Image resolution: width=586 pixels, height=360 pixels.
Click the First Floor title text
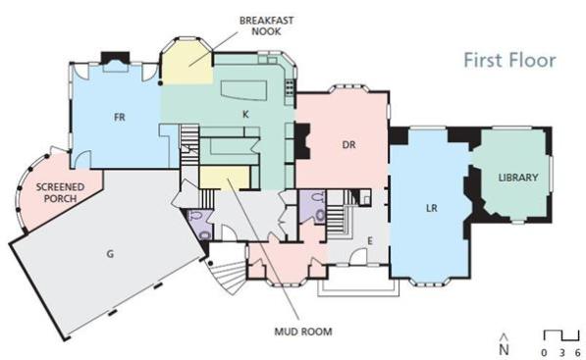coord(509,61)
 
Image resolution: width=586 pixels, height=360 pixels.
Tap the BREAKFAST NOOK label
coord(266,26)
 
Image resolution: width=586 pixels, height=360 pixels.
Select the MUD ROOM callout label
coord(303,332)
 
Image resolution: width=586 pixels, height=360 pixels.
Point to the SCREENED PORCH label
coord(60,192)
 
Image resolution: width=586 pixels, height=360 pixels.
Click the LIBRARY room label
coord(518,178)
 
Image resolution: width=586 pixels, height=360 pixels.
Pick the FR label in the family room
coord(119,118)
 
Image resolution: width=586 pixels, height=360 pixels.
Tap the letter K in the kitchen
coord(245,114)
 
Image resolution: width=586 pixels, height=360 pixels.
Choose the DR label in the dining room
coord(348,144)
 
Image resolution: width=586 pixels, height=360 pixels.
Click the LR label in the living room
coord(432,208)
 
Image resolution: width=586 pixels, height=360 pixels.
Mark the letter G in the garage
coord(110,254)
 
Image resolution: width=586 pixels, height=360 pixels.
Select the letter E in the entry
coord(370,241)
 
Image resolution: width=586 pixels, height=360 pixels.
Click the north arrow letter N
coord(505,350)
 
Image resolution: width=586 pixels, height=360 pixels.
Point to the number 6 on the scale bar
coord(578,352)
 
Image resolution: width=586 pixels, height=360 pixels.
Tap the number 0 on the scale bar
coord(544,352)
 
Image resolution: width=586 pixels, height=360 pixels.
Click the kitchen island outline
coord(243,90)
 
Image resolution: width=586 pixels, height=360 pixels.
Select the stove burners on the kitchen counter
coord(290,87)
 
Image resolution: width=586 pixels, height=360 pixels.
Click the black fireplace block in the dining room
coord(302,141)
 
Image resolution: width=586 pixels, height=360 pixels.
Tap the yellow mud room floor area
coord(224,178)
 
